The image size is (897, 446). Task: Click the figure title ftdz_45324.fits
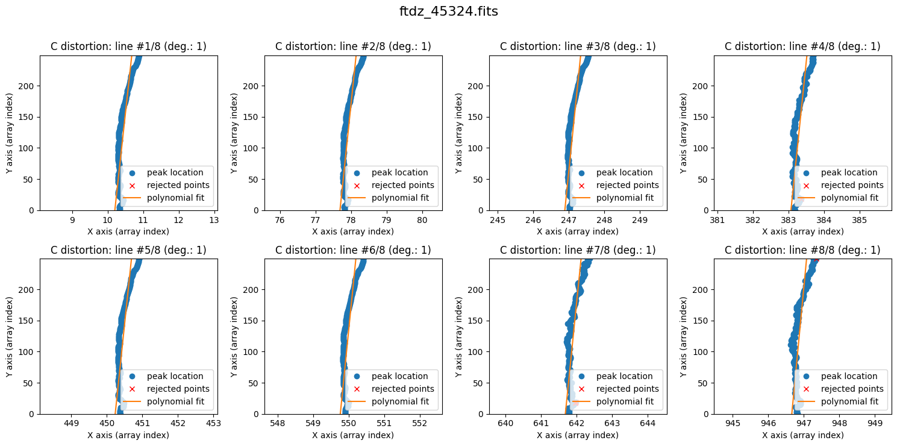coord(448,11)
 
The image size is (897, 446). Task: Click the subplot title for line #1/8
coord(128,46)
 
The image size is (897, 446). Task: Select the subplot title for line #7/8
coord(578,250)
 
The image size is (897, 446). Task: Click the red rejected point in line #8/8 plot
coord(816,260)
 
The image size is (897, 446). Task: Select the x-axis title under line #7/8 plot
coord(578,435)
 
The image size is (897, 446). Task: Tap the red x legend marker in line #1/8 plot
coord(132,185)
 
